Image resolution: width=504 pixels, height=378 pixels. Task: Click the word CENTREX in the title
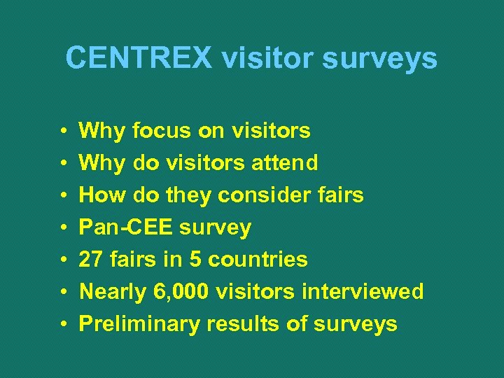(139, 58)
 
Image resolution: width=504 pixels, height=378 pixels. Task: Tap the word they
(187, 195)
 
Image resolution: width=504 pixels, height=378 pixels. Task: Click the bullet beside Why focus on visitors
(63, 131)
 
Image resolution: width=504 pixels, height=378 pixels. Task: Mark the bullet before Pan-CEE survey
(63, 227)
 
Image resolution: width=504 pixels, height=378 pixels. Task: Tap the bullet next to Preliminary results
(63, 324)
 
